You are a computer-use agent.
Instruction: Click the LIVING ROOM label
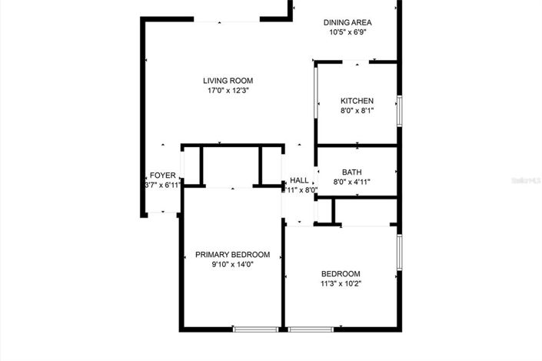pos(228,81)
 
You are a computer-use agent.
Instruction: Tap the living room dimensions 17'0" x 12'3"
pos(228,91)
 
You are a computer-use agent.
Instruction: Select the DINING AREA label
pos(347,23)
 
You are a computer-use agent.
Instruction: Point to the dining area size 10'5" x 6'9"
pos(347,33)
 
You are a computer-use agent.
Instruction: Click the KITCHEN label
pos(357,101)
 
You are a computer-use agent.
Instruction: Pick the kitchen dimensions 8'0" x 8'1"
pos(357,111)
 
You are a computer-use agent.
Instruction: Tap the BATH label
pos(352,172)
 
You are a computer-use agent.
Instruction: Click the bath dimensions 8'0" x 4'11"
pos(352,182)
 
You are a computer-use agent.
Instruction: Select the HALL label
pos(299,180)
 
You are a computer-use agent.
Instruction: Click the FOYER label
pos(162,175)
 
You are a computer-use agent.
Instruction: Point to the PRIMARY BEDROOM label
pos(232,255)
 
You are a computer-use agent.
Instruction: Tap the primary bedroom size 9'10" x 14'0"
pos(232,265)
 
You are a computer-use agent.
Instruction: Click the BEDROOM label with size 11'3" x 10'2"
pos(341,274)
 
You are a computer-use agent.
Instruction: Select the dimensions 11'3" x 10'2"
pos(341,284)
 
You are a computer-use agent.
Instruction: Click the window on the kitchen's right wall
pos(398,110)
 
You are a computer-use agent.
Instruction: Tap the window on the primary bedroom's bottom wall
pos(256,329)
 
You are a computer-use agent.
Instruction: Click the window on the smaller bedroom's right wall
pos(398,252)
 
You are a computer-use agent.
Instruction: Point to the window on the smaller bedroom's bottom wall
pos(311,329)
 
